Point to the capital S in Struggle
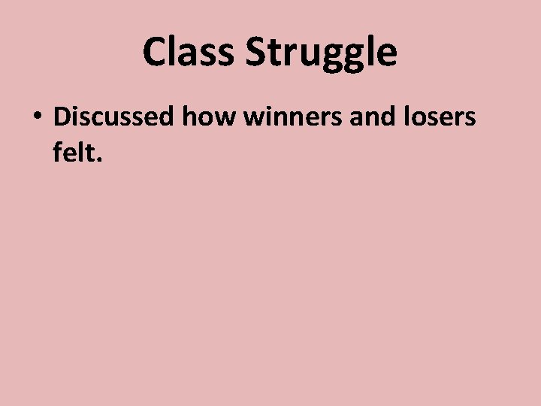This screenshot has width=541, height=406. (x=255, y=53)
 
